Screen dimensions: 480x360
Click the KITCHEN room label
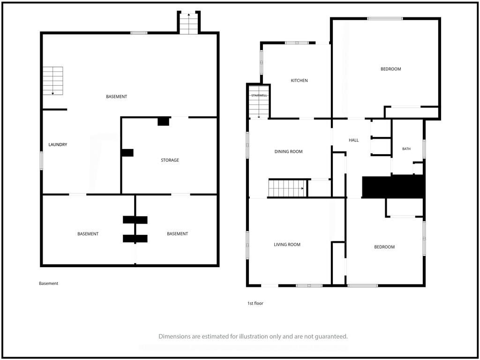tap(299, 81)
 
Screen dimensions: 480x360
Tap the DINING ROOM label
tap(288, 151)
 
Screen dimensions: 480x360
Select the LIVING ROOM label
tap(287, 245)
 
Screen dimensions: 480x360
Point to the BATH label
tap(406, 149)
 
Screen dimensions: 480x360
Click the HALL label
tap(353, 140)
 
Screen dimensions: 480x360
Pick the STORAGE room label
tap(170, 160)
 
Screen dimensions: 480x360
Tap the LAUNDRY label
tap(58, 144)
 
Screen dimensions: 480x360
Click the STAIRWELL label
tap(259, 96)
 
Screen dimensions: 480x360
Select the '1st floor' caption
tap(255, 303)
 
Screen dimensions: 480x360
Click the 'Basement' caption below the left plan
tap(48, 284)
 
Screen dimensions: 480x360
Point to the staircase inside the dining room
tap(287, 188)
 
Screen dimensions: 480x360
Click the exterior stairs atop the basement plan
tap(188, 23)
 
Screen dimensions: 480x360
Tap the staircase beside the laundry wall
tap(52, 81)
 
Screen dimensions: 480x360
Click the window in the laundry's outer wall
tap(41, 160)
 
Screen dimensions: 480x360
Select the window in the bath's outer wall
tap(424, 149)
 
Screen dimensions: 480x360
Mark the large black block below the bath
tap(394, 187)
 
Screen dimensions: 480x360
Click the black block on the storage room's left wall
tap(127, 153)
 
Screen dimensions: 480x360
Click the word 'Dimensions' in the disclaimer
tap(174, 337)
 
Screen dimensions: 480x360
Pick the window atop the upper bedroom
tap(385, 18)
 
